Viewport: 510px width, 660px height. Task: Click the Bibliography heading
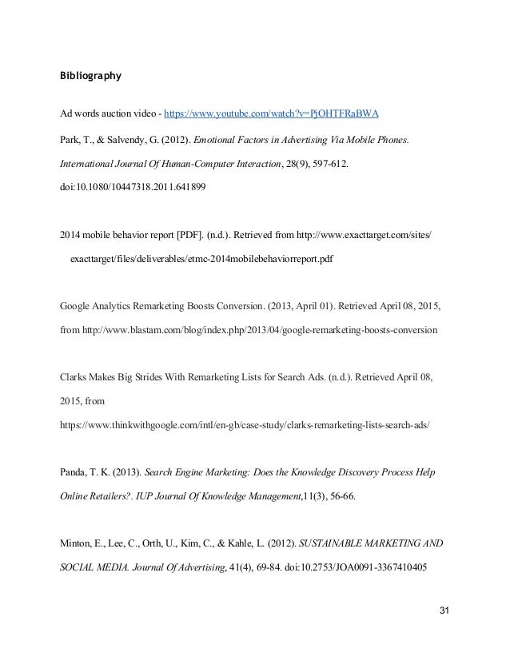90,78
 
